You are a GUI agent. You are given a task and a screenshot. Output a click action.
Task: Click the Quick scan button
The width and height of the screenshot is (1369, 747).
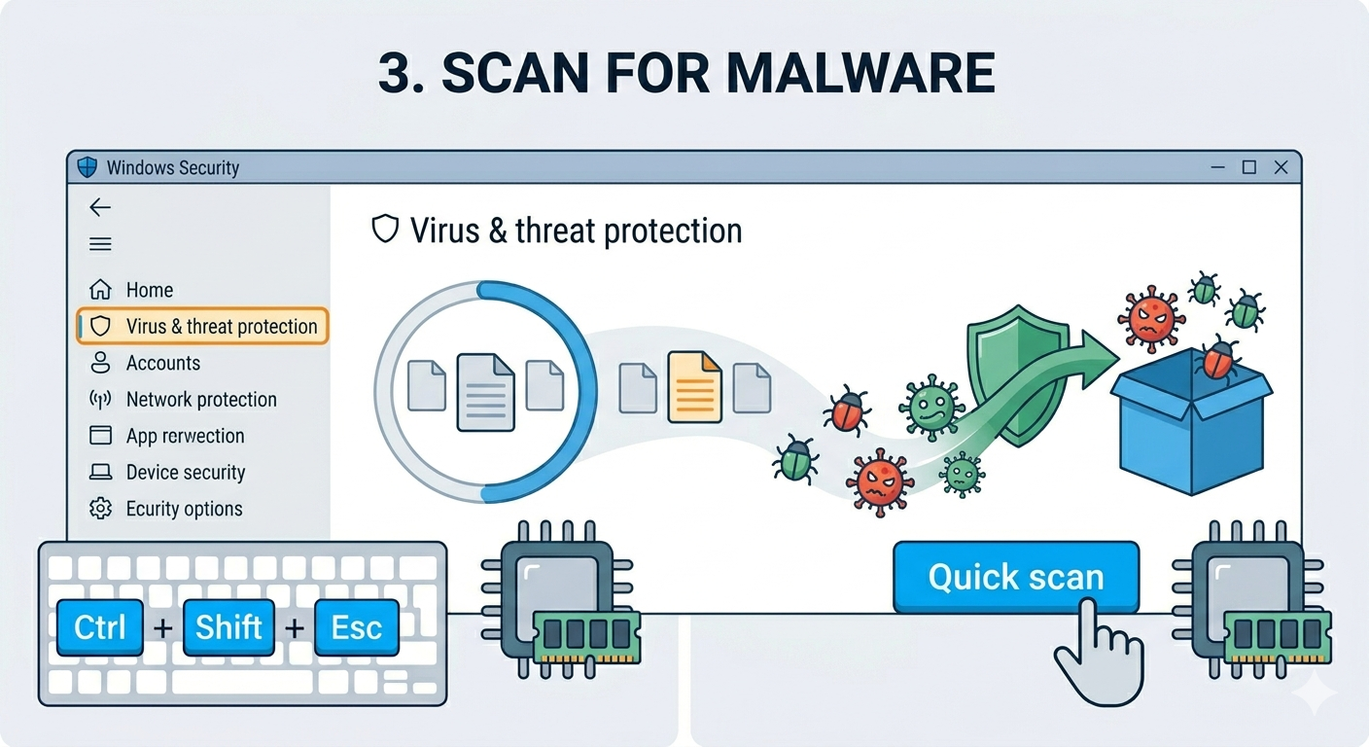tap(1016, 577)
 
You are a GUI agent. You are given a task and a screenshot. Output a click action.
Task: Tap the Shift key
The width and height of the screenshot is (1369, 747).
tap(228, 627)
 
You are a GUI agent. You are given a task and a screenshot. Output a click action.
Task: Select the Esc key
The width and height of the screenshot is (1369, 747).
tap(357, 627)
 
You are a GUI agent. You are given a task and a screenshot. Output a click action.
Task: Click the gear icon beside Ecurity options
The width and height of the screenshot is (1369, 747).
tap(100, 509)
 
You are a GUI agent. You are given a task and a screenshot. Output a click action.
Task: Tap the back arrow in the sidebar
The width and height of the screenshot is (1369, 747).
tap(100, 207)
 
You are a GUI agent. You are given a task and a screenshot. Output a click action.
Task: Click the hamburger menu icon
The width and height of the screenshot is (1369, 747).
tap(100, 244)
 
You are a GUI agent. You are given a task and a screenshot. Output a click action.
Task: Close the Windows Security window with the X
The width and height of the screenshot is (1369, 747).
tap(1281, 167)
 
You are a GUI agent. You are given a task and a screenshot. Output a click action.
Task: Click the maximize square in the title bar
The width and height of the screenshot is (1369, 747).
tap(1249, 167)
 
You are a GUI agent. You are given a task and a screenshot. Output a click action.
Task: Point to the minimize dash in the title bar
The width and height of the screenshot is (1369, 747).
tap(1217, 167)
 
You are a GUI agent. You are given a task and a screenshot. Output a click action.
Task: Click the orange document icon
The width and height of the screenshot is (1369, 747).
tap(695, 387)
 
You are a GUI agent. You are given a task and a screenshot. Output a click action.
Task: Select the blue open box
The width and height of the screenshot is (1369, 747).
tap(1192, 422)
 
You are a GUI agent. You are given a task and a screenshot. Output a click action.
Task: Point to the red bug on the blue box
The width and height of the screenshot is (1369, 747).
tap(1218, 360)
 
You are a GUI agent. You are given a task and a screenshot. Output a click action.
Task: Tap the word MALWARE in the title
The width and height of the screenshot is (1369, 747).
tap(861, 73)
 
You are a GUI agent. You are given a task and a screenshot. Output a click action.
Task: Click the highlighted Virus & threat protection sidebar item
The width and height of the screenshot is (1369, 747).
tap(202, 326)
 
